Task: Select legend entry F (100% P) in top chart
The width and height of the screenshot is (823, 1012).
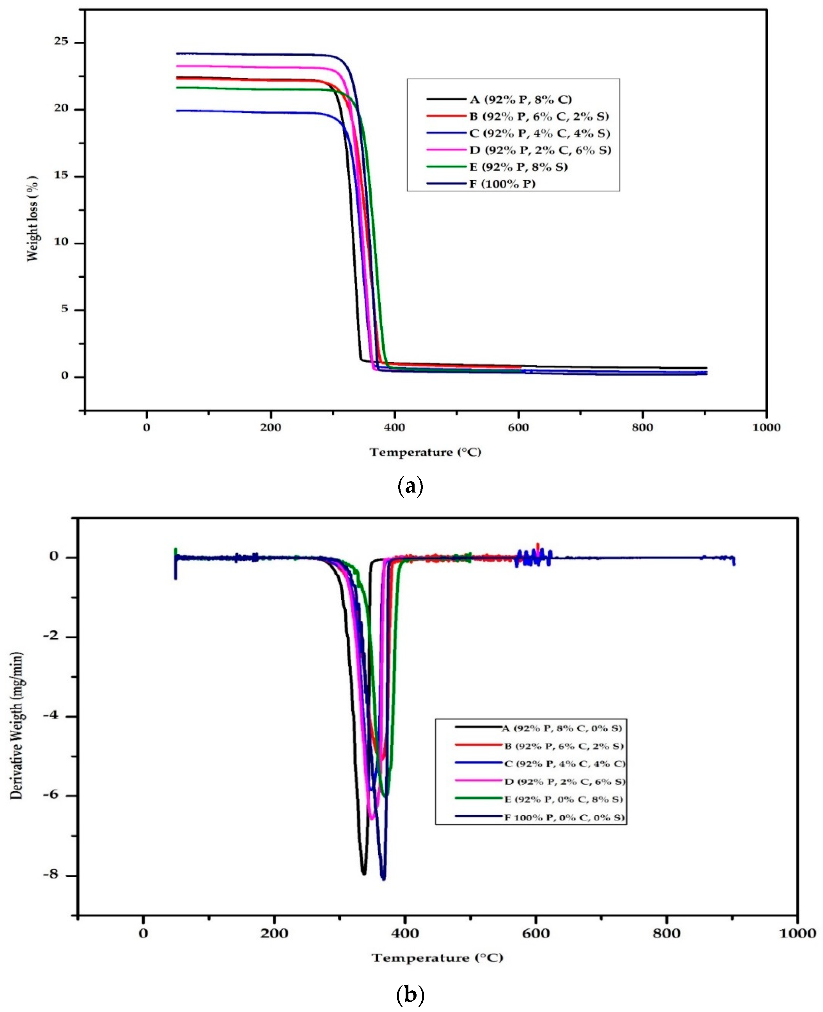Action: pyautogui.click(x=502, y=184)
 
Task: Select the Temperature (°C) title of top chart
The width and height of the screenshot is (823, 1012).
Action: pyautogui.click(x=425, y=452)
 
